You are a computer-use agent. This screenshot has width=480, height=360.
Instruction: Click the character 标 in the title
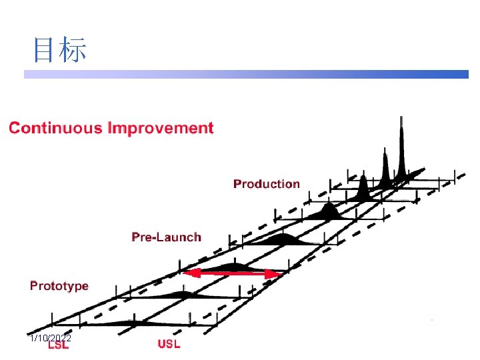(x=73, y=50)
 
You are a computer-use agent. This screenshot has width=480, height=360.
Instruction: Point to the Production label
(x=267, y=184)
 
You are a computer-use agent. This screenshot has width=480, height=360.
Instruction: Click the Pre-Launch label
(x=166, y=237)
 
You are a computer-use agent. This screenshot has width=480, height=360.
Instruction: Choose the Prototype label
(x=59, y=286)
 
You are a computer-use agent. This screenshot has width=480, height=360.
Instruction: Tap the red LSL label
(x=59, y=345)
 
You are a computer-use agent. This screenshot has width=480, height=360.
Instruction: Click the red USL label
(x=169, y=344)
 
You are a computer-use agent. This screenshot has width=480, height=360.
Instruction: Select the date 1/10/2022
(x=51, y=339)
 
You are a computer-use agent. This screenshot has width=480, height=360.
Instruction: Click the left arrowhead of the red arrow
(x=189, y=273)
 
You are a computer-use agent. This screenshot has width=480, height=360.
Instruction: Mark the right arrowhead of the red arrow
(x=274, y=273)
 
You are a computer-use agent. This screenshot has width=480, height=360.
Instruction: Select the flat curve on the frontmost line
(x=130, y=323)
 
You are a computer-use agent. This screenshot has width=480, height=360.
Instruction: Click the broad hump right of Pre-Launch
(x=282, y=239)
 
